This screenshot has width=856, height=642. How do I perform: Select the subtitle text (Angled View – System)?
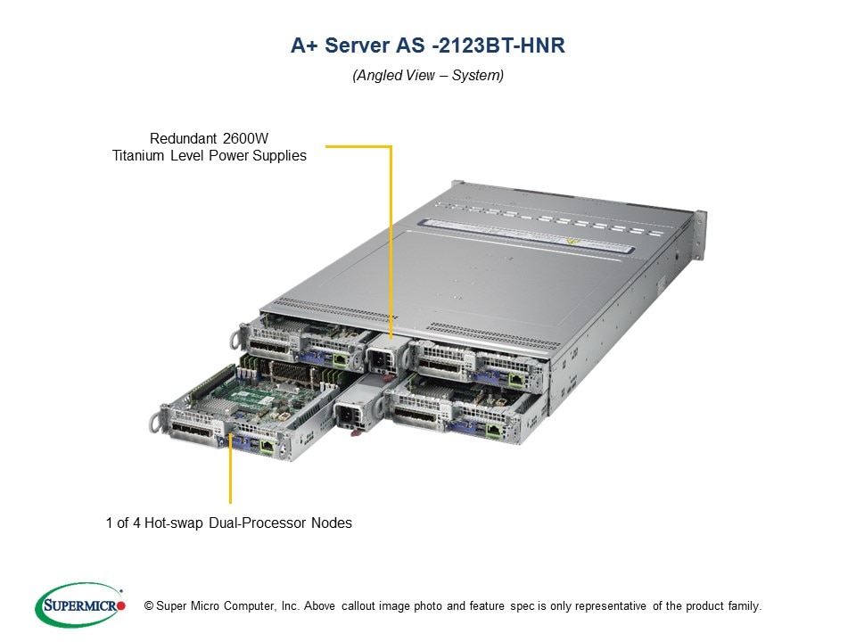pyautogui.click(x=428, y=76)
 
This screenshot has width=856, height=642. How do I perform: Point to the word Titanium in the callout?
pyautogui.click(x=138, y=155)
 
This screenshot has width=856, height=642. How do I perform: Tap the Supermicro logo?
pyautogui.click(x=79, y=605)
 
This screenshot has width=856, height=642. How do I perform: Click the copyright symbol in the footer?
pyautogui.click(x=149, y=606)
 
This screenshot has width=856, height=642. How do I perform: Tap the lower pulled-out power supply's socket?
pyautogui.click(x=349, y=416)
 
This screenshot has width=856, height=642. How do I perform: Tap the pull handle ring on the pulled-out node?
pyautogui.click(x=165, y=416)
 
